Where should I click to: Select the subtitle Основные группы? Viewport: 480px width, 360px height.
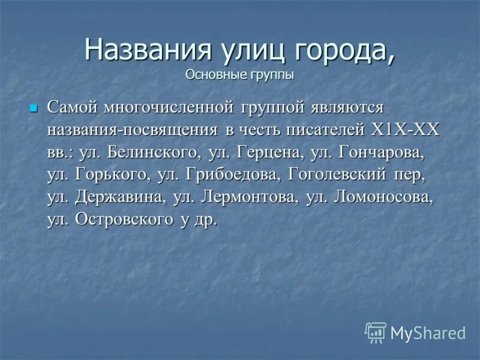(x=239, y=75)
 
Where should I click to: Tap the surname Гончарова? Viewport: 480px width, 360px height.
(x=382, y=152)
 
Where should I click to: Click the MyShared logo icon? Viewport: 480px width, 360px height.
(x=376, y=332)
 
